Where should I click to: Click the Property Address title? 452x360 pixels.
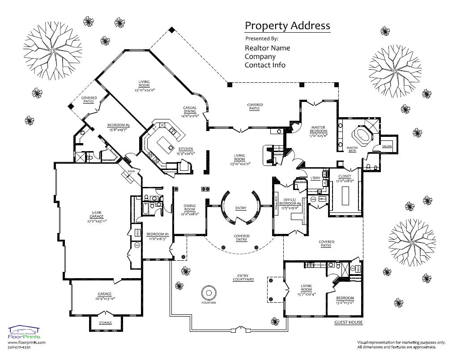[287, 25]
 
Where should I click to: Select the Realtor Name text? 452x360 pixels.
[267, 48]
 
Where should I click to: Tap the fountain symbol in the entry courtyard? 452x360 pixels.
[209, 293]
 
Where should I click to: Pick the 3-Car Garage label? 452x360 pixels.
[96, 214]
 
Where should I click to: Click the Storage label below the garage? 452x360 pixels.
[105, 322]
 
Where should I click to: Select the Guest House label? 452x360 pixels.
[348, 322]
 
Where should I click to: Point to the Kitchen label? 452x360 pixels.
[186, 149]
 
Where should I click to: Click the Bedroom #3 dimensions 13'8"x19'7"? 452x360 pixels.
[118, 130]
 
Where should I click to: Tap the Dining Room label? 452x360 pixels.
[190, 208]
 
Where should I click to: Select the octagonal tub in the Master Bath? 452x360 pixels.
[362, 134]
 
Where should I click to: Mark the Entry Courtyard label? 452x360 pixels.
[243, 278]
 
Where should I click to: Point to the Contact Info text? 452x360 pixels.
[265, 65]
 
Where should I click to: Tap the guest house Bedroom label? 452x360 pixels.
[345, 298]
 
